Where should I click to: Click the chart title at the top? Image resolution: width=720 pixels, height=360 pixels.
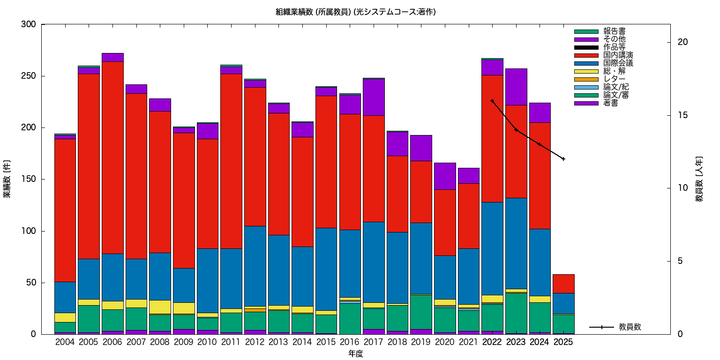[356, 12]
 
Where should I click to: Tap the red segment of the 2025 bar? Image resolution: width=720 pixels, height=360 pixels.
[563, 284]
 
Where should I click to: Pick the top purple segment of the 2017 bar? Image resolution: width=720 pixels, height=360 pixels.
[374, 97]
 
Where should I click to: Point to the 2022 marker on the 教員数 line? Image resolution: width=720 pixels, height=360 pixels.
[492, 101]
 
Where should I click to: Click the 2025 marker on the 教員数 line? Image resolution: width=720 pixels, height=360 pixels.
[563, 159]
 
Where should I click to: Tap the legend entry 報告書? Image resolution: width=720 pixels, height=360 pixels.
[614, 31]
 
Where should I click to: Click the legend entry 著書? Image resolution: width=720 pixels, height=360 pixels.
[610, 103]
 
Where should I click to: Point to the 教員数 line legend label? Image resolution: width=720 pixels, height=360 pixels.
[630, 327]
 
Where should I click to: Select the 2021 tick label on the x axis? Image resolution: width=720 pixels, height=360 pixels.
[468, 342]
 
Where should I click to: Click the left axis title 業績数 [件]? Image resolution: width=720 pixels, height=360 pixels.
[7, 179]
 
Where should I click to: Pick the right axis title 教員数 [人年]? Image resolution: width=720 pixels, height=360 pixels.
[699, 179]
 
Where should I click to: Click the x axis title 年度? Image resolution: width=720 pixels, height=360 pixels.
[356, 354]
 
